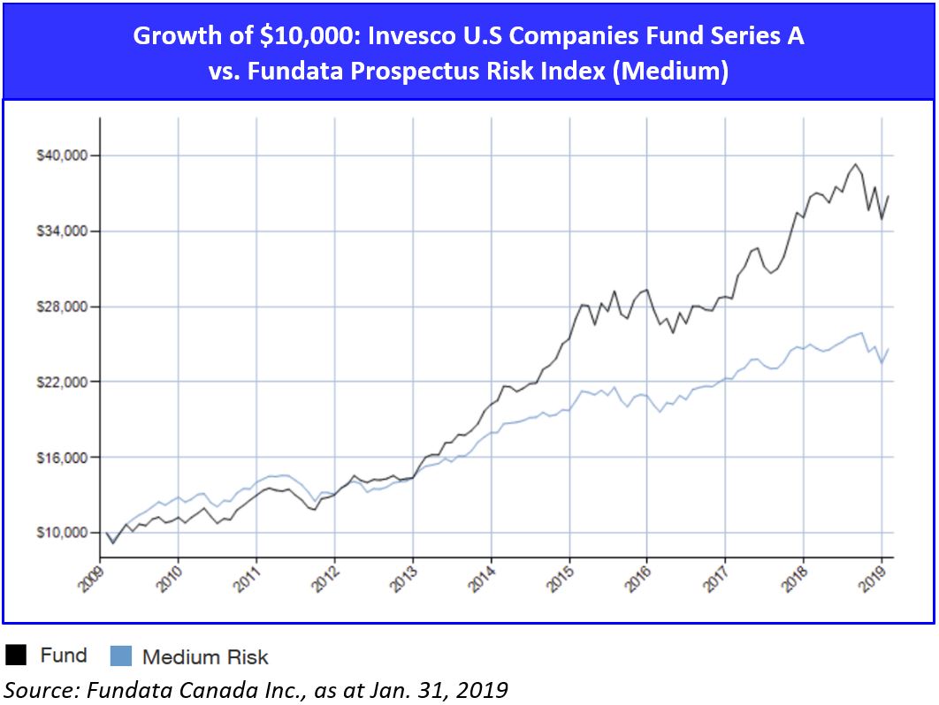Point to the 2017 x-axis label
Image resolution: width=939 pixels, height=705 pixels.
[717, 575]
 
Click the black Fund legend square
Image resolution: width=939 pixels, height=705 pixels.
[16, 655]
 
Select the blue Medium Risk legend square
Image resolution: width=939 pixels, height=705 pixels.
[120, 656]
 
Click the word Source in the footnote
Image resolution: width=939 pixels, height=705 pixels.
[33, 688]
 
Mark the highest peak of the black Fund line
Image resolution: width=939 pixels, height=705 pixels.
[855, 164]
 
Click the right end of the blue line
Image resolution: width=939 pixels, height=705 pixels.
[888, 349]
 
